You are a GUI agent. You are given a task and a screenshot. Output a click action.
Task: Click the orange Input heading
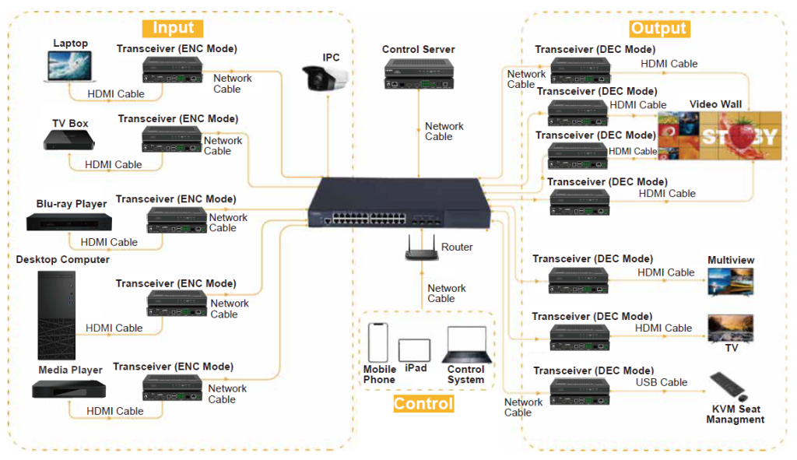173,29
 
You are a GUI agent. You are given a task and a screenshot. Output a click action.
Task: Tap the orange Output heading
658,29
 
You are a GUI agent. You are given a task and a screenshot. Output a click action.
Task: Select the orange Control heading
423,404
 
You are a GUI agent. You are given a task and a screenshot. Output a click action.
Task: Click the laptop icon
69,68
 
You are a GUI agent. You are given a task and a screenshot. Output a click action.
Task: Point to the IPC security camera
324,79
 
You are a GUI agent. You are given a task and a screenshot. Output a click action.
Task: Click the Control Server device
419,74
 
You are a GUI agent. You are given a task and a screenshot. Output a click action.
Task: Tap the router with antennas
421,249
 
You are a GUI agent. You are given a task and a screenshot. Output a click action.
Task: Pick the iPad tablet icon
414,349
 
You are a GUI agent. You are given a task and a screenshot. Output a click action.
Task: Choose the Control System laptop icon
466,346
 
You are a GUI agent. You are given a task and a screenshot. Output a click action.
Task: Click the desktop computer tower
57,314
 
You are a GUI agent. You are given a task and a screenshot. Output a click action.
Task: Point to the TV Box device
69,140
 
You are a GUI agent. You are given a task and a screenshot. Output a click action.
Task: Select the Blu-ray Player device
68,221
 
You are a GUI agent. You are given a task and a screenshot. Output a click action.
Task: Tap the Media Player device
69,388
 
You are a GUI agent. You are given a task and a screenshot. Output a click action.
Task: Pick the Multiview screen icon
730,281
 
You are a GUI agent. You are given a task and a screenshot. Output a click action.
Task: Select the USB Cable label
662,382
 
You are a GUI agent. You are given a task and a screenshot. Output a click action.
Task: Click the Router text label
457,247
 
